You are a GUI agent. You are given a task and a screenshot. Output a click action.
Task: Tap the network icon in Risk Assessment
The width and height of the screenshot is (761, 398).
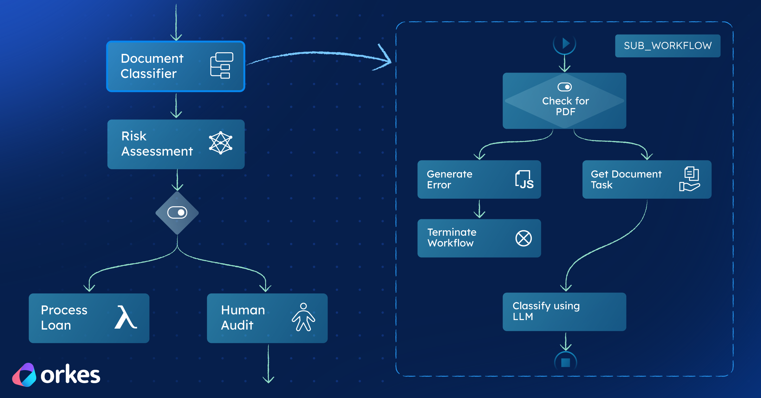point(221,143)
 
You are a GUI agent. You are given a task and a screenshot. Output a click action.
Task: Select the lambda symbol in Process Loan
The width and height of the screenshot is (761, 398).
point(126,317)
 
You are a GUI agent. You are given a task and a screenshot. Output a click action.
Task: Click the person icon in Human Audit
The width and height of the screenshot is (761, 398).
point(303,317)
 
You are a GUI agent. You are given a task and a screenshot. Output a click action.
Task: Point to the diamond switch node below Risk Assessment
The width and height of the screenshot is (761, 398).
point(177,213)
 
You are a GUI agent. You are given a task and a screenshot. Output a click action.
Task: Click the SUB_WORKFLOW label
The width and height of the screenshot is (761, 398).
point(667,46)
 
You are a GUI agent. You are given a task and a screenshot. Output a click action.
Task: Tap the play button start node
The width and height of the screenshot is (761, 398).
point(565,43)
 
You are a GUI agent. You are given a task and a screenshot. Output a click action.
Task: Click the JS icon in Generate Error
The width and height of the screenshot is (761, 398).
point(524,180)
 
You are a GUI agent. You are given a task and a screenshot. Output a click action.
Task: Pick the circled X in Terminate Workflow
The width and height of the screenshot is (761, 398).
point(524,238)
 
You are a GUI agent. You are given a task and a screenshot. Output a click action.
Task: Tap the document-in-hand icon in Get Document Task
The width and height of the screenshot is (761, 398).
point(690,179)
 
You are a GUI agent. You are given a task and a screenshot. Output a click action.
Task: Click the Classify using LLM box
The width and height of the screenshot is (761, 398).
point(564,312)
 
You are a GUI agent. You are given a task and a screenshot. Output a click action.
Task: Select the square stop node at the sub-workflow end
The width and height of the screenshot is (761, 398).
point(565,363)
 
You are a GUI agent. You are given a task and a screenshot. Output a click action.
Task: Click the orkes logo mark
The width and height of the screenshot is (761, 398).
point(24,375)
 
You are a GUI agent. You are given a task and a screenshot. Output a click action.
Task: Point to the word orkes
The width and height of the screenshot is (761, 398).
point(70,375)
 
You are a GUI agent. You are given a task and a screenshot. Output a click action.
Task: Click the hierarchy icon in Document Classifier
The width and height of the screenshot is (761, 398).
point(222,66)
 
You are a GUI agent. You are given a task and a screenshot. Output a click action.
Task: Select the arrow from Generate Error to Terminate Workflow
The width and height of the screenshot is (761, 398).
point(479,209)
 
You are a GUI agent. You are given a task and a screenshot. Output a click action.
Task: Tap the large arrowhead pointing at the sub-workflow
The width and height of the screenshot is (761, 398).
point(385,59)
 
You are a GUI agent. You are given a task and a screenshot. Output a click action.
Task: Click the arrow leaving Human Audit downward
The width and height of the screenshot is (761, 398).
point(269,364)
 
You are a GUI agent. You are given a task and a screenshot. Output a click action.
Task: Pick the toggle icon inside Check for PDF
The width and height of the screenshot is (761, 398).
point(564,87)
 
